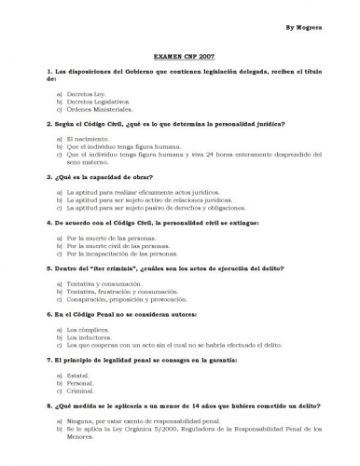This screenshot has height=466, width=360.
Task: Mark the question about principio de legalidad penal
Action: pyautogui.click(x=141, y=359)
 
